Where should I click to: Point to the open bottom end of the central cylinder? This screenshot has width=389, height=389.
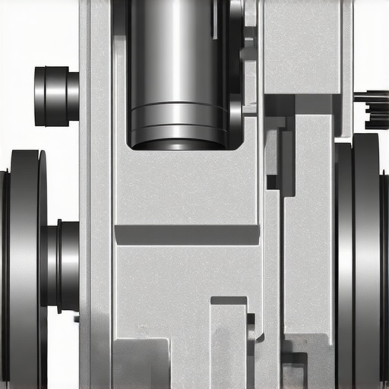pos(178,144)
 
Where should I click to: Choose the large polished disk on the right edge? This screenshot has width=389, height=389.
pos(365,258)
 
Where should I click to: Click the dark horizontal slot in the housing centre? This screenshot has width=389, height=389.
pos(186,235)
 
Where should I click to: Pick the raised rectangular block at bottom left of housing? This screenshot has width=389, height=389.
pos(141,363)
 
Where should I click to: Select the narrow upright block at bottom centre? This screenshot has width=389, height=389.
pos(228,346)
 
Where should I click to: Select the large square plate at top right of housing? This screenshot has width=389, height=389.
pos(301,46)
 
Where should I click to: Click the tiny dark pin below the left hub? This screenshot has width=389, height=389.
pos(76,318)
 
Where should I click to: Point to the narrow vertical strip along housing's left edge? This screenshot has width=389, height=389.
pos(84,190)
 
